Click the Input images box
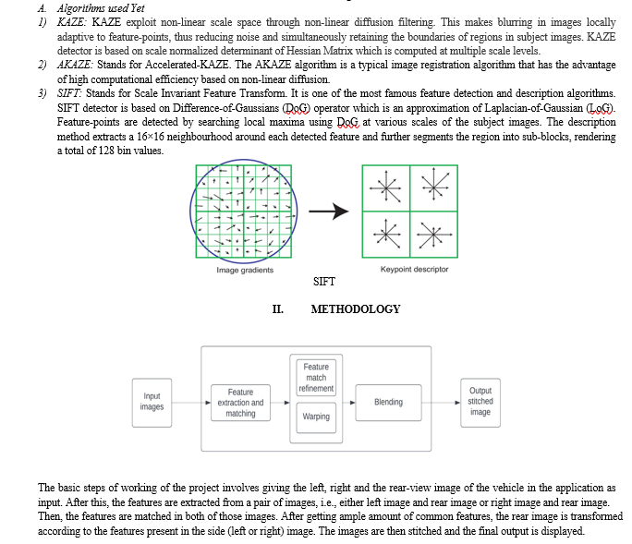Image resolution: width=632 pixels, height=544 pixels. [x=152, y=403]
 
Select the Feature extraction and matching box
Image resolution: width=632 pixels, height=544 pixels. [x=240, y=403]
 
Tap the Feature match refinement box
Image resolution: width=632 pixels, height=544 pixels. [x=316, y=378]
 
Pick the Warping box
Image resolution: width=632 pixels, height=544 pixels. [x=316, y=417]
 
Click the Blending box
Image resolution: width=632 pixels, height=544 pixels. [x=389, y=403]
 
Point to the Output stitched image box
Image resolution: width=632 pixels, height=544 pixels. [x=480, y=403]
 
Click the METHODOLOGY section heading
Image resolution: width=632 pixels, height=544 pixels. [x=356, y=309]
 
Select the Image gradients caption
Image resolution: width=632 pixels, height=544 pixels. [x=245, y=270]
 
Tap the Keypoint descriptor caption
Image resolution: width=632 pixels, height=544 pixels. [x=414, y=269]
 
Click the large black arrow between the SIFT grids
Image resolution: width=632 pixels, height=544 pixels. [x=329, y=212]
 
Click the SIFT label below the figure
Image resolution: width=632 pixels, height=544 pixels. [x=324, y=282]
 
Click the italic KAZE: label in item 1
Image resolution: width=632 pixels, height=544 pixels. [x=72, y=22]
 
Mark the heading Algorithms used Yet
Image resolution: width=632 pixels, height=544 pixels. [x=101, y=8]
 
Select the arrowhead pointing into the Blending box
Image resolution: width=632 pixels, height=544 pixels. [x=353, y=403]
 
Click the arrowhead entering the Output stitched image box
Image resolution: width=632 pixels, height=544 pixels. [x=458, y=403]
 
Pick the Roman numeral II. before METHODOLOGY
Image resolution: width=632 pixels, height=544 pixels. [x=278, y=309]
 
